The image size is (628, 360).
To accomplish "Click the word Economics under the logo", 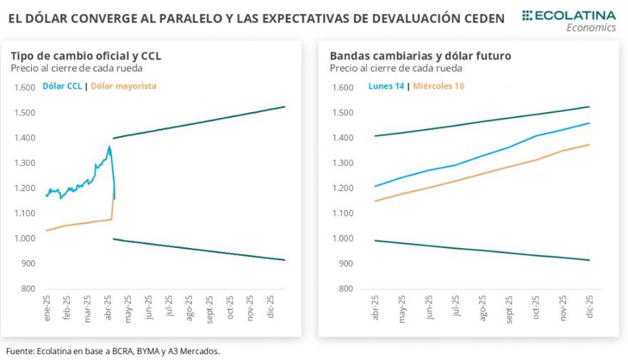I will [x=590, y=28].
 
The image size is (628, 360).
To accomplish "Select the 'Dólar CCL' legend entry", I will [x=62, y=85].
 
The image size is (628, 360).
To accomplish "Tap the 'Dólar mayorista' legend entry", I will [x=124, y=85].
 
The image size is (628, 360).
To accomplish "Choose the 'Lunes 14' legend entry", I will [x=387, y=85].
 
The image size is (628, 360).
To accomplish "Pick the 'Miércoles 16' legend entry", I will [x=438, y=85].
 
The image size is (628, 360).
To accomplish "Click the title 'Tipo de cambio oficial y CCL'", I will [x=85, y=56].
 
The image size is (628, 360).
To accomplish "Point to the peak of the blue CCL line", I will [x=109, y=146].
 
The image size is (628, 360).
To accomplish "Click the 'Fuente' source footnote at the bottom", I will [x=114, y=352].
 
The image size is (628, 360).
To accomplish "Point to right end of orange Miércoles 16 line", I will [x=589, y=144].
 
